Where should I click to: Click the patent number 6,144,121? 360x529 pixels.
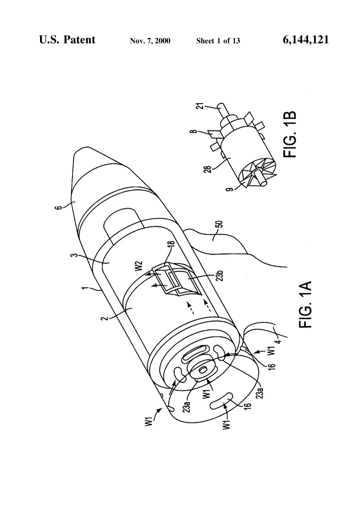click(306, 40)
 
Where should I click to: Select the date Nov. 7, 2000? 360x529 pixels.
click(150, 41)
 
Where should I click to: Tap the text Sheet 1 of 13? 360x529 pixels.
click(218, 41)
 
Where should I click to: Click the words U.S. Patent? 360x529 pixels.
click(67, 40)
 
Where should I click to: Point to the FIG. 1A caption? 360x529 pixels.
click(305, 304)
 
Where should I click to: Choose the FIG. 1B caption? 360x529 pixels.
click(290, 134)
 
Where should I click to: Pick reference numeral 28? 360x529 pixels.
click(209, 169)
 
